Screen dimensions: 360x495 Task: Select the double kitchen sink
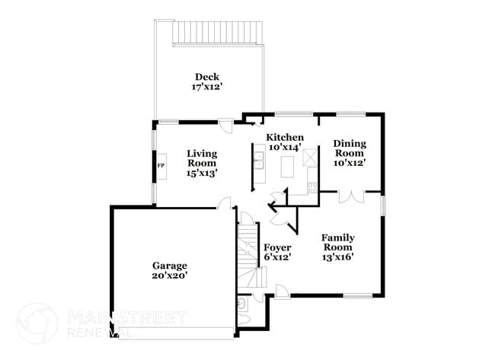coord(260,161)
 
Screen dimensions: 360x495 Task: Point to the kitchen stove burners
coord(311,186)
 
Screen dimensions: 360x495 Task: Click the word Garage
coord(170,266)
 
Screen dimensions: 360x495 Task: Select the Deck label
coord(206,76)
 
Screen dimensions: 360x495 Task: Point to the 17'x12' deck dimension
coord(206,87)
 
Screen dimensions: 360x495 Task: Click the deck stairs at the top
coord(216,32)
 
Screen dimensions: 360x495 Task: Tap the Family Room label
coord(338,242)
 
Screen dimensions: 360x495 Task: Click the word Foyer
coord(277,247)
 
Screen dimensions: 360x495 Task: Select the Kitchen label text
coord(284,137)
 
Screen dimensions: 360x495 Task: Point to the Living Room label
coord(202,158)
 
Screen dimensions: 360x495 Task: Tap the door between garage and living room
coord(225,202)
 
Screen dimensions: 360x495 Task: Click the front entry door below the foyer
coord(281,291)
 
